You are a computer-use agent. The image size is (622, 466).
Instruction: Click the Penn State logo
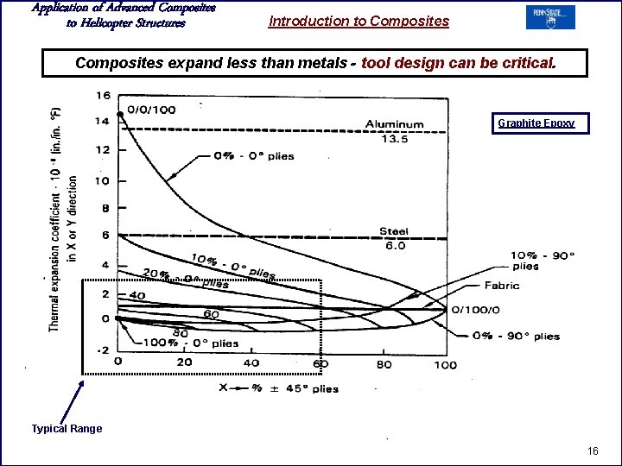(x=550, y=17)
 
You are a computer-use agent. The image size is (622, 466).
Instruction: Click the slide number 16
(x=593, y=451)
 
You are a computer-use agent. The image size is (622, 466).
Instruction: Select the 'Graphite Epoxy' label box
(x=536, y=123)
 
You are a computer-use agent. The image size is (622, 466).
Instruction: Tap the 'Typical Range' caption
(x=67, y=429)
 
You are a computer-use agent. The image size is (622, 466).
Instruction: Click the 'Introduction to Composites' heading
(x=359, y=21)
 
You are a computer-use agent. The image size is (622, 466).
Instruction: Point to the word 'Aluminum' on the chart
(x=395, y=124)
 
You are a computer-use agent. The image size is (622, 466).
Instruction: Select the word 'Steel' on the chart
(x=393, y=231)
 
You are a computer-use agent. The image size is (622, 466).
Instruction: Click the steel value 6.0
(x=395, y=245)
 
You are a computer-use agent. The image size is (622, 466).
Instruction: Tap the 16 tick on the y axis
(x=103, y=95)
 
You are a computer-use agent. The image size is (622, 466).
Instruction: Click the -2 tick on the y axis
(x=102, y=349)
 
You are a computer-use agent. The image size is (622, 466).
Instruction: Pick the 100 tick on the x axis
(x=445, y=364)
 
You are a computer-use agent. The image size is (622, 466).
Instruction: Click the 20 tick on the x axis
(x=185, y=362)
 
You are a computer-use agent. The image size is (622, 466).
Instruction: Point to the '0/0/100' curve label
(x=150, y=110)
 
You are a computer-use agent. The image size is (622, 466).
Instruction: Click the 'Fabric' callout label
(x=501, y=286)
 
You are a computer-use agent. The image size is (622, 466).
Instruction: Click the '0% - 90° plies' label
(x=517, y=337)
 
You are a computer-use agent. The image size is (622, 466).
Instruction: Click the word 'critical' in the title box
(x=529, y=63)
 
